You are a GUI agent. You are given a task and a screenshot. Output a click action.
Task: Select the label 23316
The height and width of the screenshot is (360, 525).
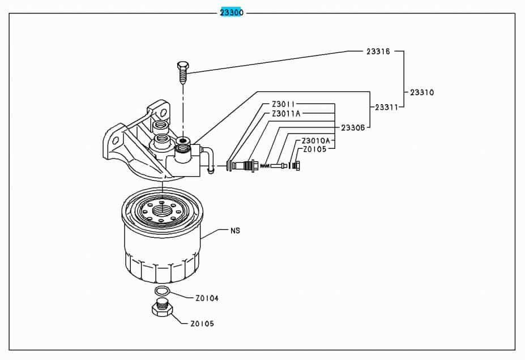point(378,51)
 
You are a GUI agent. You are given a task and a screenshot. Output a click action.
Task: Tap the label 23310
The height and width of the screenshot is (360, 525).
point(422,92)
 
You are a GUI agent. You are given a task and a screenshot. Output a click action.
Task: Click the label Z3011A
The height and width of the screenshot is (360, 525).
point(286,114)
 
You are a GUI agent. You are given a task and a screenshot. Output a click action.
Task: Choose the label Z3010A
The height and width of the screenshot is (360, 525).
point(316,140)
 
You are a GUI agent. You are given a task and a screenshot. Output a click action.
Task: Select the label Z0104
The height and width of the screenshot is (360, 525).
point(207,298)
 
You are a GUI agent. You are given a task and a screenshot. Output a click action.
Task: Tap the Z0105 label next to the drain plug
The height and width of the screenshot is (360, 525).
point(202,324)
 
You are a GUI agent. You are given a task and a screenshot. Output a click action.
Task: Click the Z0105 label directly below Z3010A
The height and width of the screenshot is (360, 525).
point(315,149)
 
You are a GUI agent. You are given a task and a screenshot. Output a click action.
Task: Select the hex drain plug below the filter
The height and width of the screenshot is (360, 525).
point(161,310)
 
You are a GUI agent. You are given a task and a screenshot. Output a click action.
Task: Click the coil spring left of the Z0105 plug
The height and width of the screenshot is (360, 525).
point(264,166)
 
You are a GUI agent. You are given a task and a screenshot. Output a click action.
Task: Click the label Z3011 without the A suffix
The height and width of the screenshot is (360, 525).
point(284,105)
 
